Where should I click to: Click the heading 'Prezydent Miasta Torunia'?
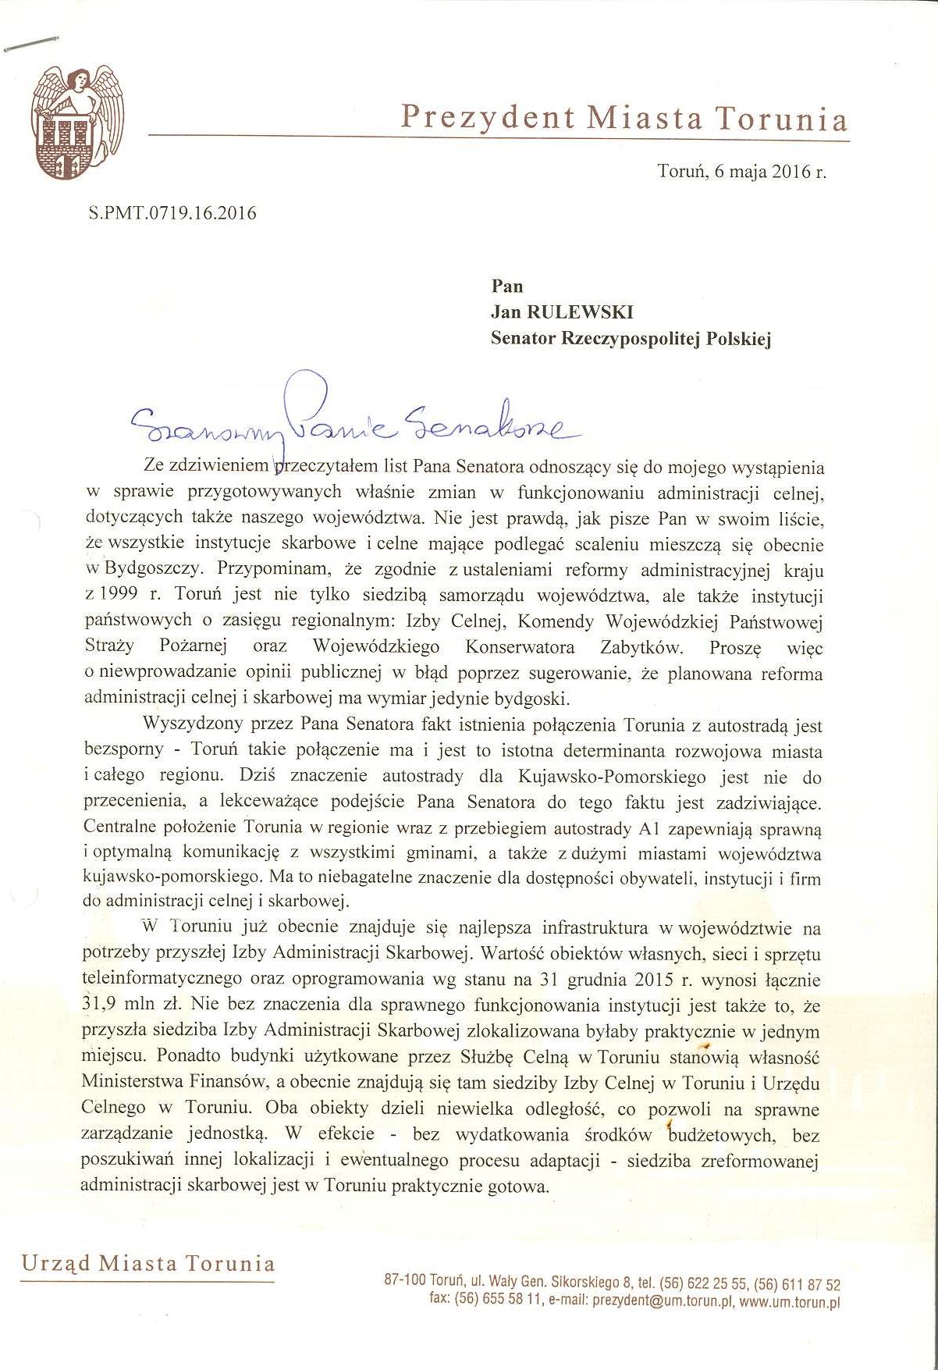coord(624,118)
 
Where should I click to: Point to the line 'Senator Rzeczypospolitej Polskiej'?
coord(630,339)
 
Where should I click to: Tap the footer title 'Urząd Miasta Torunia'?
coord(148,1264)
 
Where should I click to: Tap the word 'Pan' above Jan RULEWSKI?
coord(506,286)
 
